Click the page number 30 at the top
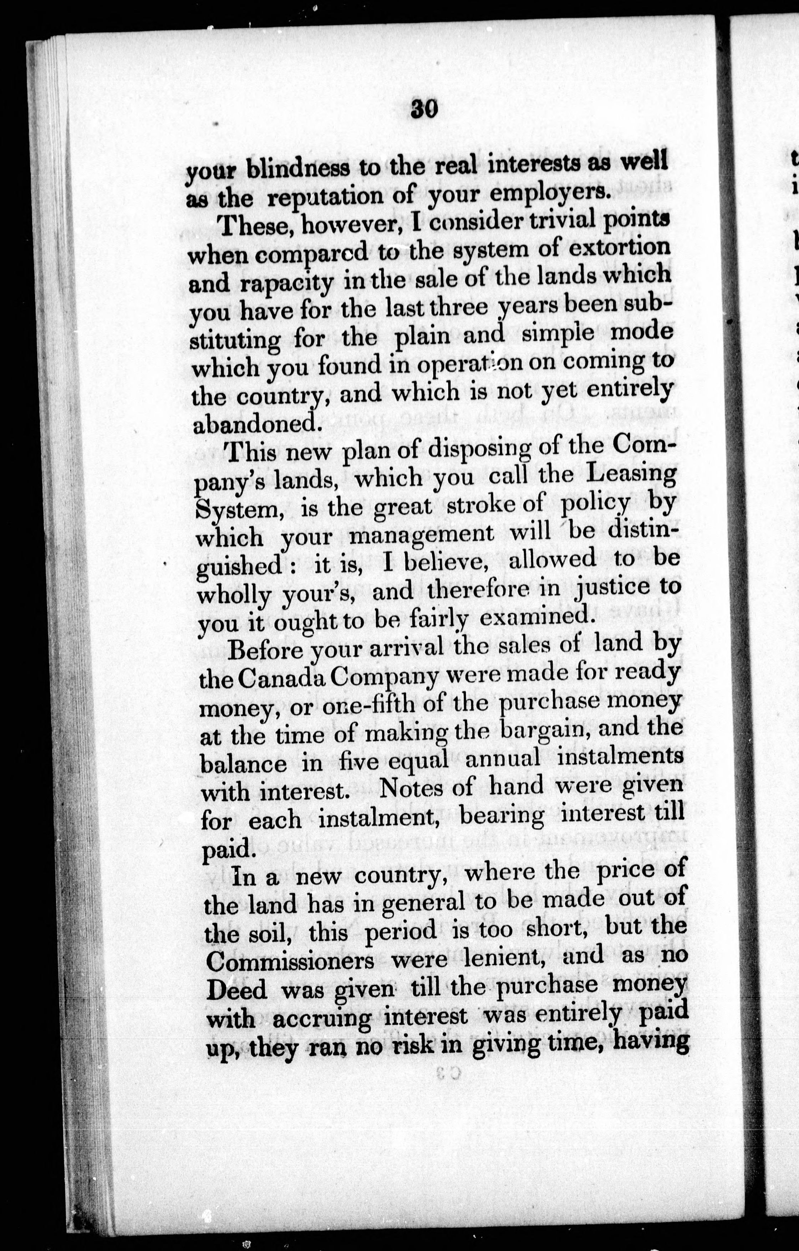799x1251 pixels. click(x=424, y=110)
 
